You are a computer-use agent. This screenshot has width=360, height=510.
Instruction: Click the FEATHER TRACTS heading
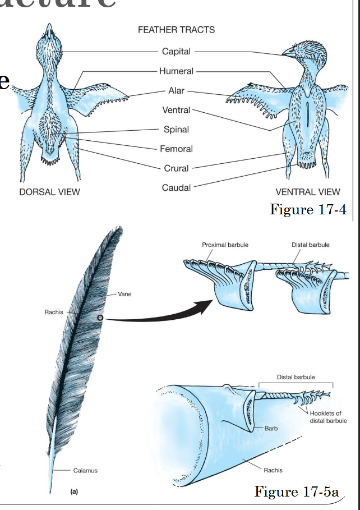176,30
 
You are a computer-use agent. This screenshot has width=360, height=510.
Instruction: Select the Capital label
176,52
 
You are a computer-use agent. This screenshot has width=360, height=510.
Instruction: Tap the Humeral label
176,71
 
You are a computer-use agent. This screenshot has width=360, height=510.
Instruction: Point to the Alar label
176,91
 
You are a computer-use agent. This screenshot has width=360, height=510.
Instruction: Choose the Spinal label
176,130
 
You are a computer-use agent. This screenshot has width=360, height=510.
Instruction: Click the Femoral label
176,149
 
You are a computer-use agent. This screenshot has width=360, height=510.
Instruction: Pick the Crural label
176,168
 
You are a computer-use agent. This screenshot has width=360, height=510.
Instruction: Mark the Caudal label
176,188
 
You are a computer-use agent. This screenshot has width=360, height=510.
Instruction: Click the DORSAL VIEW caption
50,192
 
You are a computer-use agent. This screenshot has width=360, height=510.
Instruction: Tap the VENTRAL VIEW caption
308,192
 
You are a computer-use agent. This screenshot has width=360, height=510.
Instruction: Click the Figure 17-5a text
297,491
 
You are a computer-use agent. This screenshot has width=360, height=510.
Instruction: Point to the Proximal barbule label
225,245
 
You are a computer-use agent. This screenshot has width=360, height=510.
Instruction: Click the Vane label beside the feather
124,294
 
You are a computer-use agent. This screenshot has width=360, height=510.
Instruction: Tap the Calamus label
85,471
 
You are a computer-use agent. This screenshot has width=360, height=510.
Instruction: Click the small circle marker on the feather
100,318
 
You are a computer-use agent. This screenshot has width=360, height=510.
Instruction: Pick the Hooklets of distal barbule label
328,417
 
